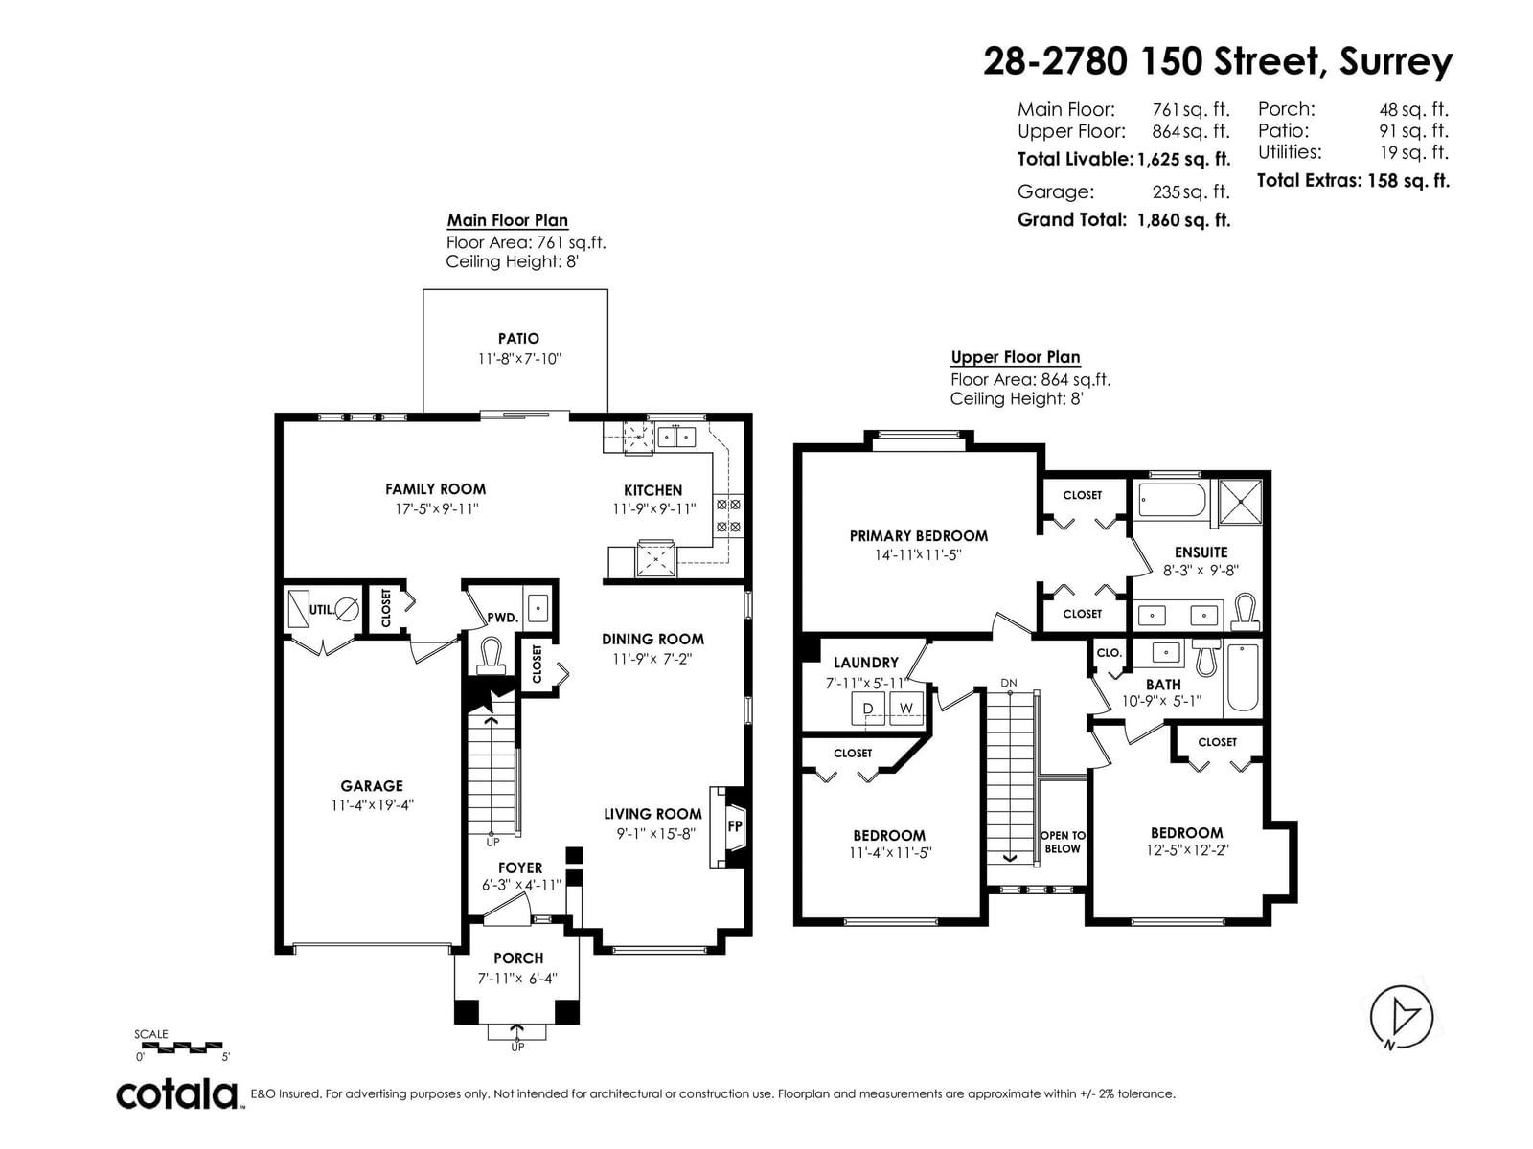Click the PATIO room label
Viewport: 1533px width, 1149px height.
(518, 339)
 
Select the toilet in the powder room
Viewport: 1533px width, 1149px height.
(491, 657)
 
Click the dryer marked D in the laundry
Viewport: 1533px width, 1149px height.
(868, 709)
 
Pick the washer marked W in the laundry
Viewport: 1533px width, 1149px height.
(905, 709)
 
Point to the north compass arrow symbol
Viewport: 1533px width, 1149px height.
(1401, 1017)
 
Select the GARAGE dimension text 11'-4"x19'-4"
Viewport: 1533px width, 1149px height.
(373, 805)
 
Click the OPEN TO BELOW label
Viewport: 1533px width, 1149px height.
(1063, 842)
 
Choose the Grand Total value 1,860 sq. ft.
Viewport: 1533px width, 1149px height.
(1184, 220)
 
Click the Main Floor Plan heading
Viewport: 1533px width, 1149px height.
(508, 220)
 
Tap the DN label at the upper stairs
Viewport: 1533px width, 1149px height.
(1009, 683)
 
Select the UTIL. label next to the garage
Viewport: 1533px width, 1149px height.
(321, 610)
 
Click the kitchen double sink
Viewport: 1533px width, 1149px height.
(676, 438)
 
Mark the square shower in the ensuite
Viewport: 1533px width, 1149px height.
(1241, 502)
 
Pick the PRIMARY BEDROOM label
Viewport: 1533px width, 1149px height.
(919, 536)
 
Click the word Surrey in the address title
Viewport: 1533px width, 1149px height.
(1396, 61)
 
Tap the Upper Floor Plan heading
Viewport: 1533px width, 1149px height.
(1016, 357)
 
